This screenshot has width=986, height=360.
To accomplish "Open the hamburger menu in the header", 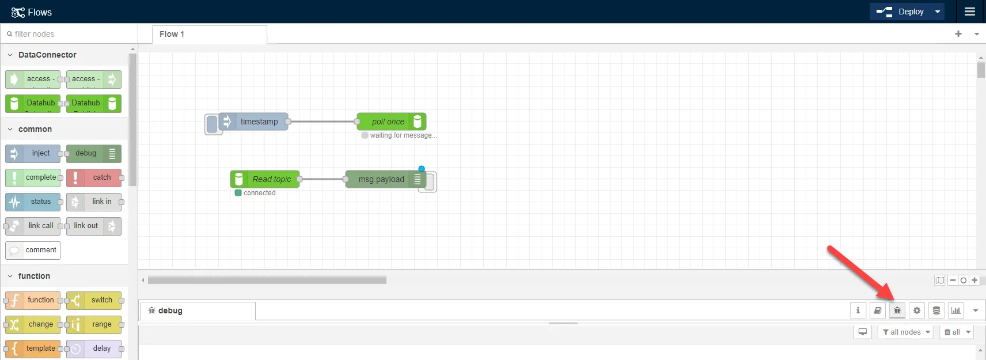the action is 970,12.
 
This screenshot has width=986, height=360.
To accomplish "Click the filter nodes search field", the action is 70,34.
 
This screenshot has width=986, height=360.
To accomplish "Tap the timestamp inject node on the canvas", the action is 253,122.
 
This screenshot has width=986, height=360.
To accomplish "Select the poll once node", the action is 391,122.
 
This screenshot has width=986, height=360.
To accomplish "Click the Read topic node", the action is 265,179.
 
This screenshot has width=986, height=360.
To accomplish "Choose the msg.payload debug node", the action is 386,179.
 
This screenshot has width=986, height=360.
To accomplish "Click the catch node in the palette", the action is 94,177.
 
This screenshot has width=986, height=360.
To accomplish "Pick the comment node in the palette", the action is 33,250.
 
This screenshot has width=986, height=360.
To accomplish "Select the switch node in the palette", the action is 94,300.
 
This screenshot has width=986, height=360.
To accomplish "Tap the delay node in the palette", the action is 94,348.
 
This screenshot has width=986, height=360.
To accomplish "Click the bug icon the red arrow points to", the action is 897,310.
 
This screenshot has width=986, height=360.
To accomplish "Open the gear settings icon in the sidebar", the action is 917,310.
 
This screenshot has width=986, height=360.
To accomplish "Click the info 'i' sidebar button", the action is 858,310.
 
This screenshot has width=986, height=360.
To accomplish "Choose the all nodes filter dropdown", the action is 907,332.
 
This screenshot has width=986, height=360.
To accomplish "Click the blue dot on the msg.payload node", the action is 422,169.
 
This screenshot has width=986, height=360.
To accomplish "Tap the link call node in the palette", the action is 33,226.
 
